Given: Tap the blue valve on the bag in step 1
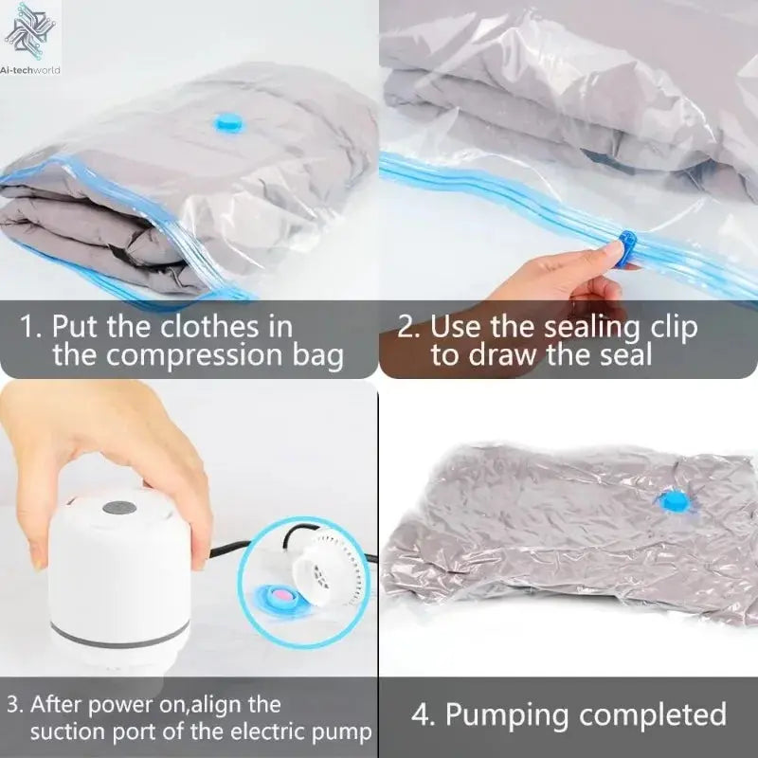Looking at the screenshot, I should click(x=229, y=123).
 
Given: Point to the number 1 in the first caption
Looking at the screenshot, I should click(x=28, y=327).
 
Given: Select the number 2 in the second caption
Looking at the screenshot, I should click(x=407, y=327).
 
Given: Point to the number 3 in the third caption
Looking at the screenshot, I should click(x=12, y=704).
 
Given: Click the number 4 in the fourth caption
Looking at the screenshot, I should click(x=422, y=713).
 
